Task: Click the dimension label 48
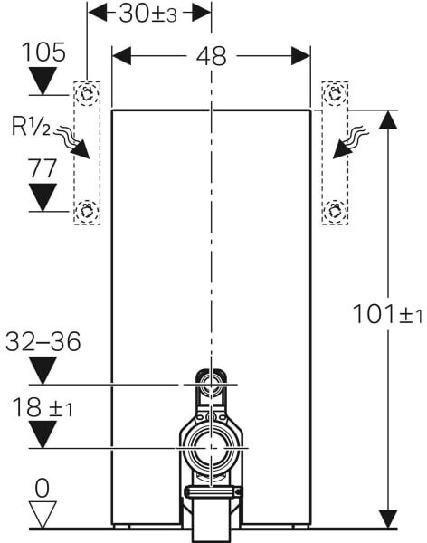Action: pyautogui.click(x=211, y=56)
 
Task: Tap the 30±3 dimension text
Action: pyautogui.click(x=147, y=14)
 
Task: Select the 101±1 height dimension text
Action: pyautogui.click(x=387, y=314)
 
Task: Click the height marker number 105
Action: pyautogui.click(x=43, y=52)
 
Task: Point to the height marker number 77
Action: pyautogui.click(x=43, y=168)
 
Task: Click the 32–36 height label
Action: pyautogui.click(x=43, y=341)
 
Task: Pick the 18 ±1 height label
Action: pyautogui.click(x=43, y=407)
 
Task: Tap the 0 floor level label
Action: pyautogui.click(x=43, y=489)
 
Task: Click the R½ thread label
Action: pyautogui.click(x=31, y=126)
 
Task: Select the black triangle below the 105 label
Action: pyautogui.click(x=43, y=81)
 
